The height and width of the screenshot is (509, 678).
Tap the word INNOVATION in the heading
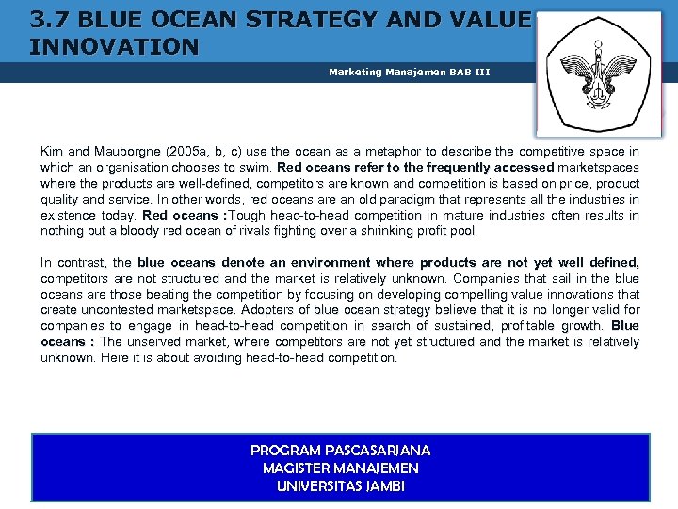(114, 46)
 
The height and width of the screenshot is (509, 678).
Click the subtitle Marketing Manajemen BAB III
(410, 72)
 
